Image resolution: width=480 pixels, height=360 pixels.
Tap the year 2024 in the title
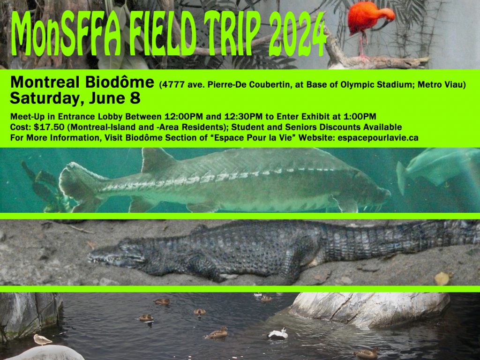pos(297,34)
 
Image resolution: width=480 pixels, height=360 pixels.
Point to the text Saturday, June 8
pos(75,98)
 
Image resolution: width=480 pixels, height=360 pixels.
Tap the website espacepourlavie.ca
pos(378,138)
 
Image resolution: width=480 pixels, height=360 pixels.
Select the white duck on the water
pos(278,334)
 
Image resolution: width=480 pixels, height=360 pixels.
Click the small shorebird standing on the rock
pos(42,339)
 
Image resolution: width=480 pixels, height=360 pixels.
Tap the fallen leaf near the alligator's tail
pos(442,278)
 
